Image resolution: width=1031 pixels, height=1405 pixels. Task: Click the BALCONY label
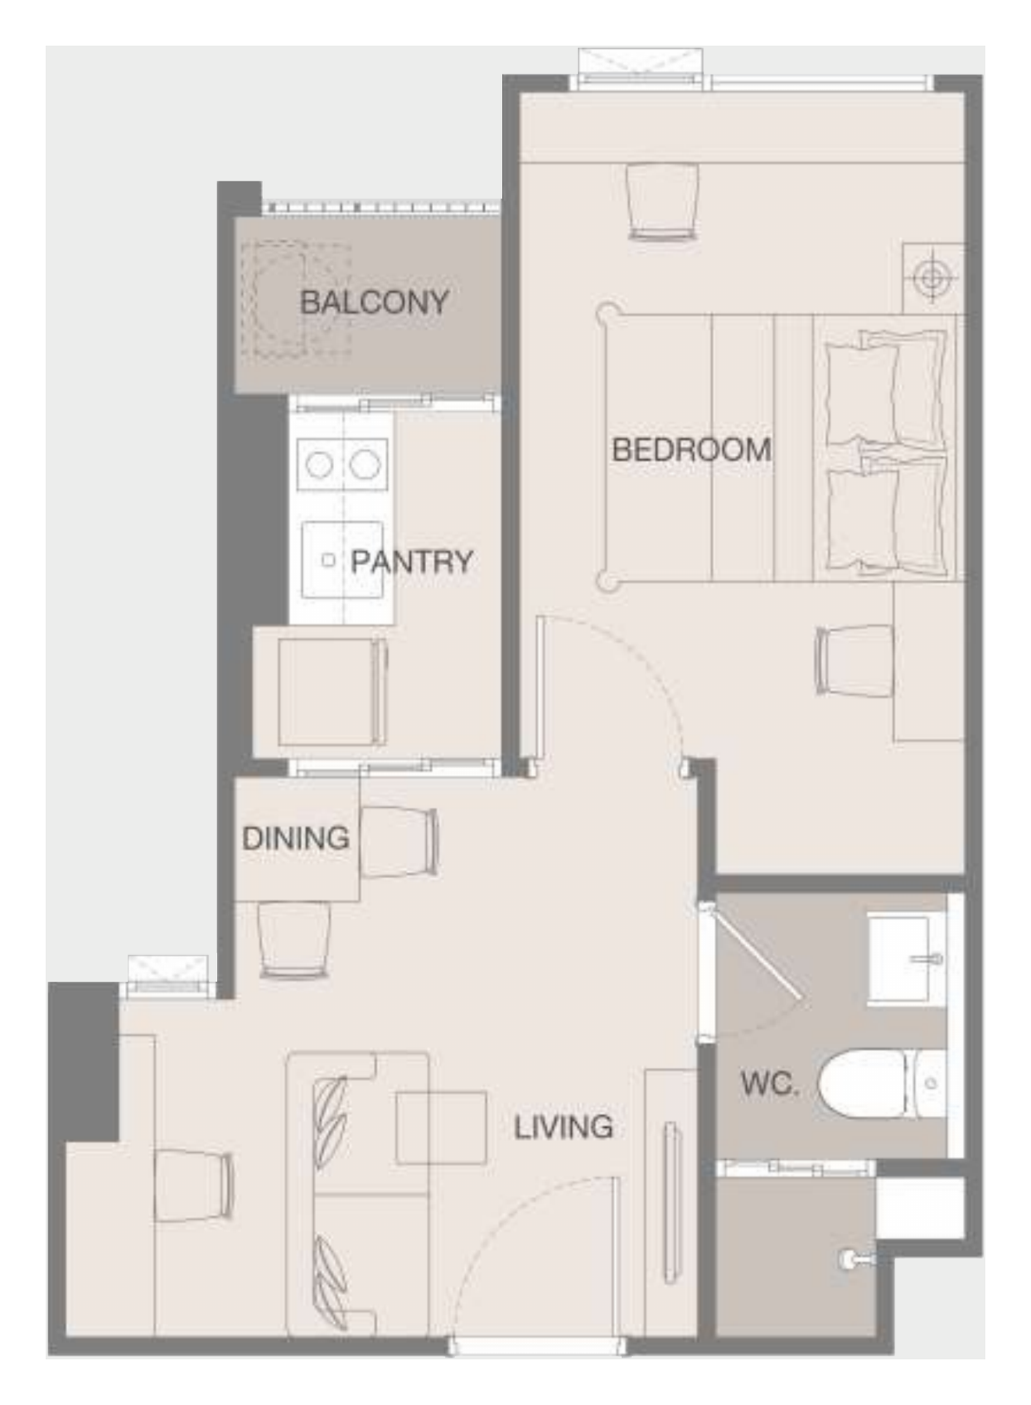(x=375, y=302)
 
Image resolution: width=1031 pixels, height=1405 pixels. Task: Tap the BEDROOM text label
(x=691, y=450)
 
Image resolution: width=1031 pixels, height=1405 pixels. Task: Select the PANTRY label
(x=411, y=561)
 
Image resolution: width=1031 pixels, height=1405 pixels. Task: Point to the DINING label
(x=296, y=838)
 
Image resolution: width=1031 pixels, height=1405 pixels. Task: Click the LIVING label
(x=563, y=1127)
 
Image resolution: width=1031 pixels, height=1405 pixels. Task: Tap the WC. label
(x=770, y=1083)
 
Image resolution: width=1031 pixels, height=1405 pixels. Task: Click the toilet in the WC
(x=882, y=1083)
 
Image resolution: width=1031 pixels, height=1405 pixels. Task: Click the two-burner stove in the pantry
(x=343, y=465)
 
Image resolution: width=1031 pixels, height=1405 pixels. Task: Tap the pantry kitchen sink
(x=343, y=560)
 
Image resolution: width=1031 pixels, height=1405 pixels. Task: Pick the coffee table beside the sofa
(x=442, y=1128)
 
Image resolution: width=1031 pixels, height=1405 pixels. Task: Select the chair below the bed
(x=853, y=660)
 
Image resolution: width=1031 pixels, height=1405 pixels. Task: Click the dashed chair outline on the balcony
(x=294, y=299)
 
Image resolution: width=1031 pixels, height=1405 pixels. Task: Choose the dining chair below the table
(x=293, y=939)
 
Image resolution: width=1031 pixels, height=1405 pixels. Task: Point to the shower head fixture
(x=856, y=1258)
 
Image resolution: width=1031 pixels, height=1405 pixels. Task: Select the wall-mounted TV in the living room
(x=670, y=1200)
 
